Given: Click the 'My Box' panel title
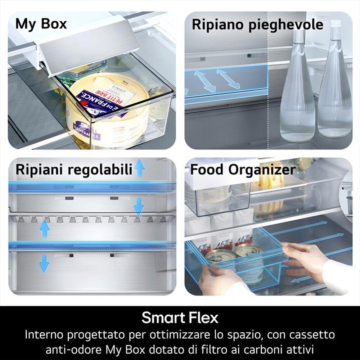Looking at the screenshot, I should point(41,24).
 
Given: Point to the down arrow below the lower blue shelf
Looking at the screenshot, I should point(44,263).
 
